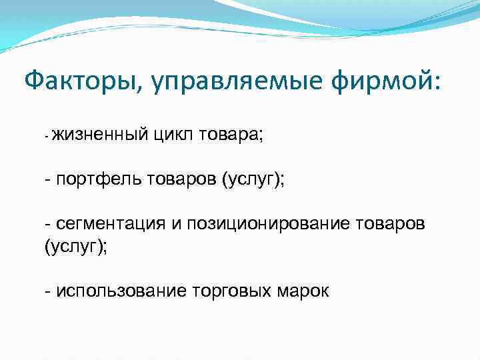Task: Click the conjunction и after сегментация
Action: (x=175, y=222)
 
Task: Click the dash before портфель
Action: (x=47, y=179)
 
